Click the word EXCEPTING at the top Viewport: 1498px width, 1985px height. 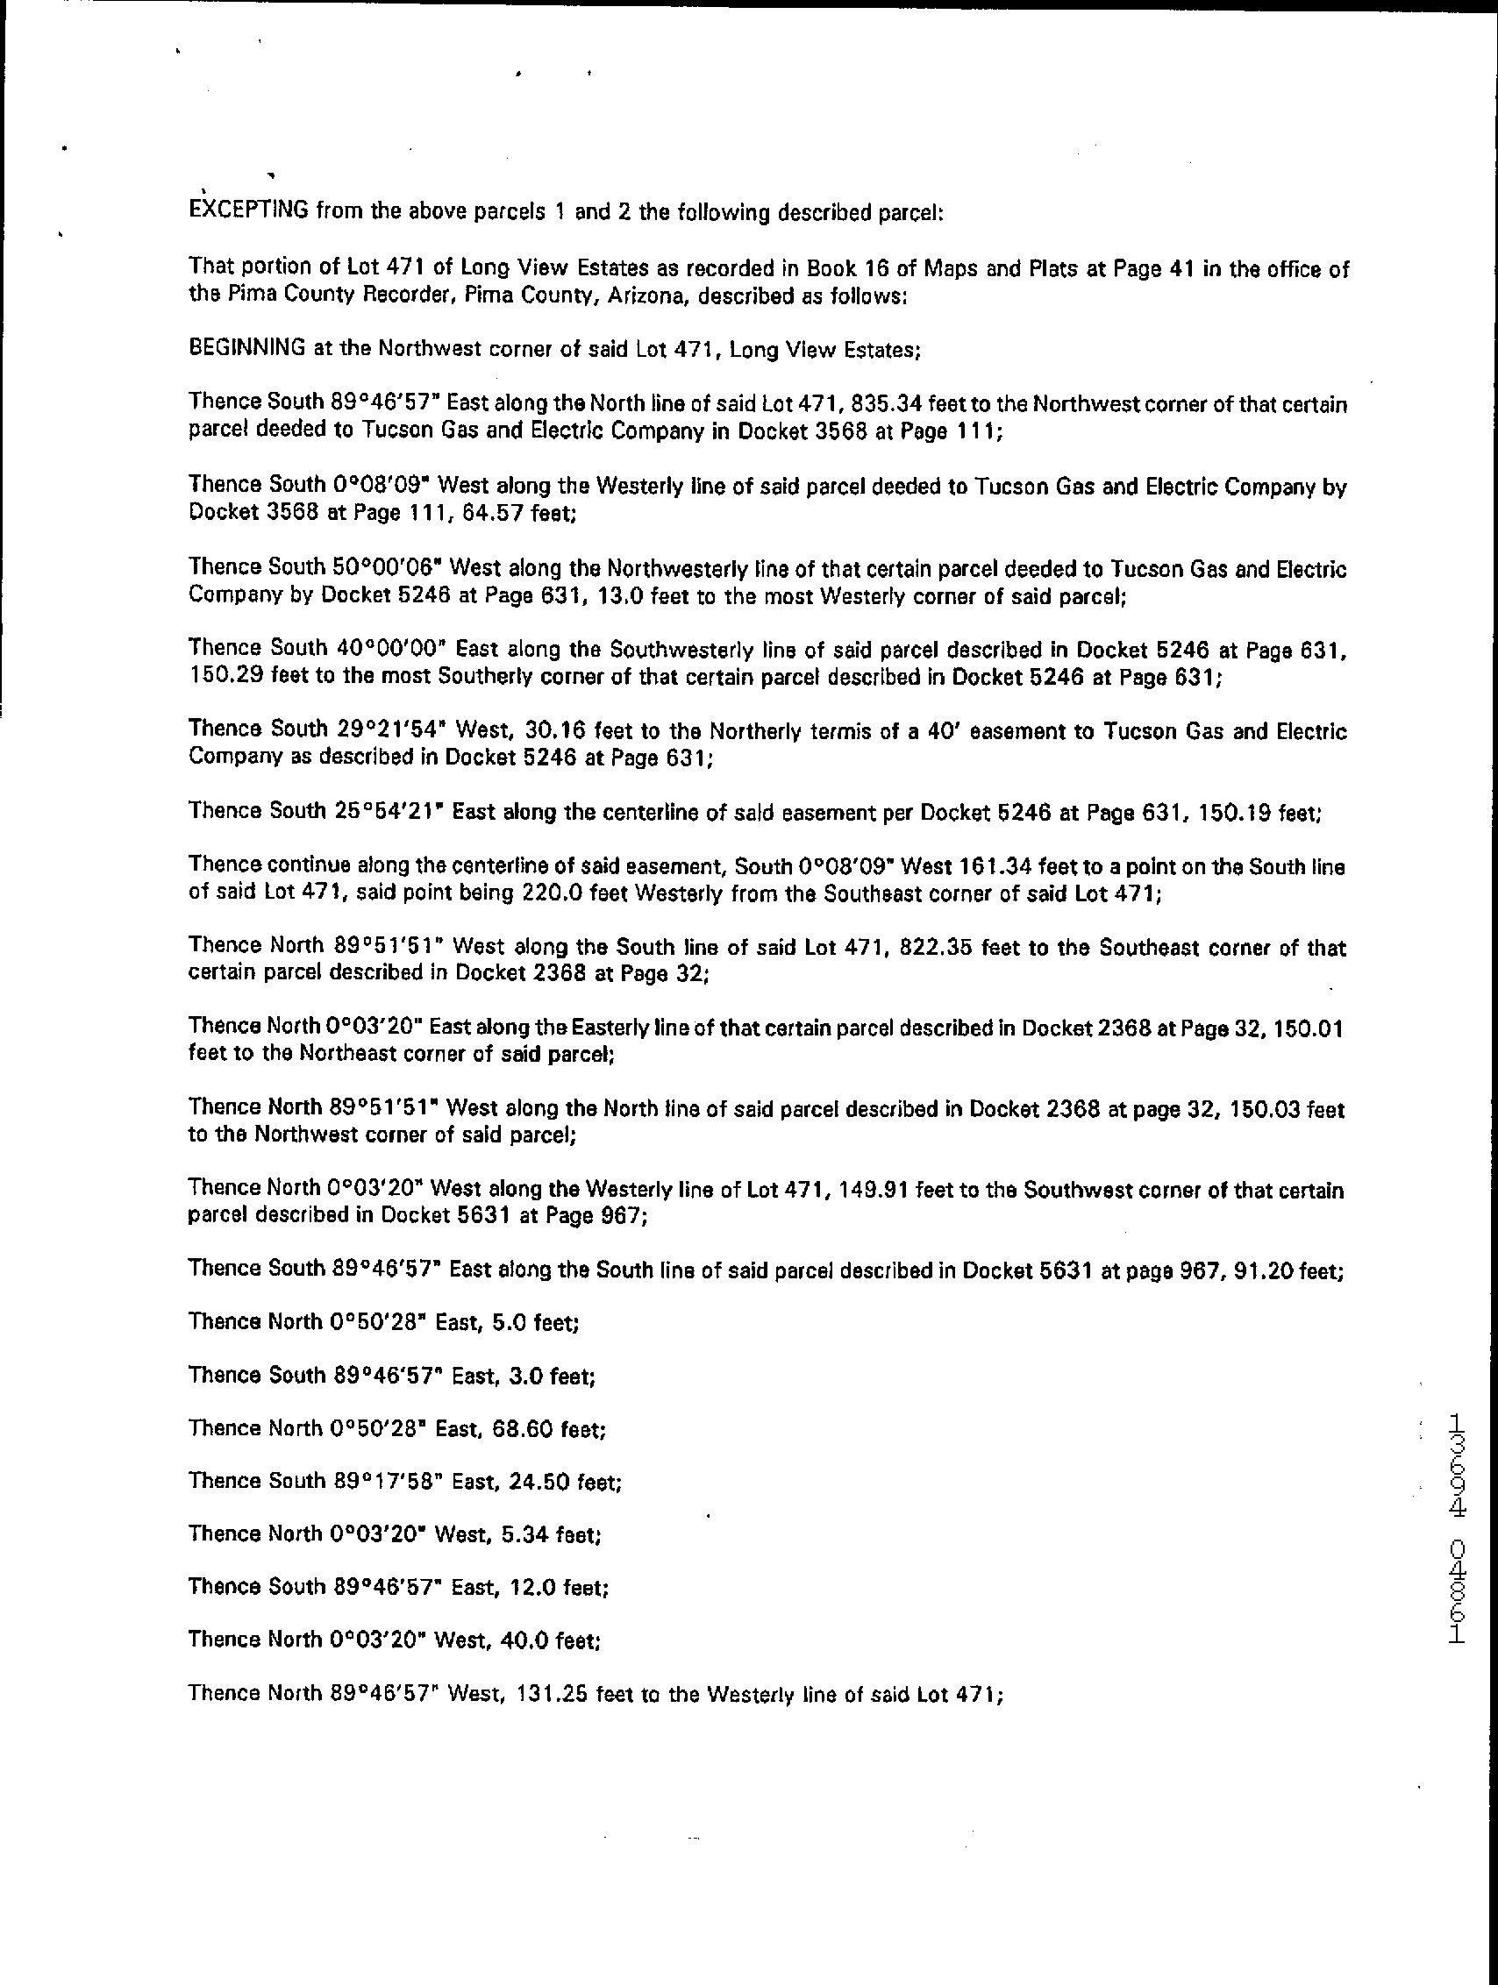(x=249, y=212)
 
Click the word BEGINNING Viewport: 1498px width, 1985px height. (x=246, y=348)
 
